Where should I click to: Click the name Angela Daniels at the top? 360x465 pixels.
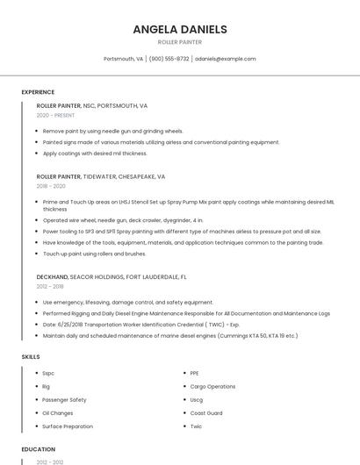[179, 29]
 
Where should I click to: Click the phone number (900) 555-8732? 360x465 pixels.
[169, 59]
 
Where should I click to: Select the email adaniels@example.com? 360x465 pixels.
[226, 59]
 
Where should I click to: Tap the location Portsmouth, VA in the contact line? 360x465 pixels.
[123, 59]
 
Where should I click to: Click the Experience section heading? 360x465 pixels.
[38, 92]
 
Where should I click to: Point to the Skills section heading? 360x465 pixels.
[30, 357]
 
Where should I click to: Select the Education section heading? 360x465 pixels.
[37, 450]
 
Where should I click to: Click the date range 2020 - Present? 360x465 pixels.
[55, 115]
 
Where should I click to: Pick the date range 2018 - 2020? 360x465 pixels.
[51, 186]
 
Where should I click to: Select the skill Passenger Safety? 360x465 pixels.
[64, 399]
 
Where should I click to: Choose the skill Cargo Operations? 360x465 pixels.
[212, 386]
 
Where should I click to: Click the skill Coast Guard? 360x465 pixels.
[206, 412]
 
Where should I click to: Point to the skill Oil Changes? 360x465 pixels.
[58, 412]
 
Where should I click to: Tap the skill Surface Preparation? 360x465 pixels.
[68, 426]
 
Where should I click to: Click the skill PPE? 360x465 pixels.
[195, 373]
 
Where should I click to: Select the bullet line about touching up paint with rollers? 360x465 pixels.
[94, 254]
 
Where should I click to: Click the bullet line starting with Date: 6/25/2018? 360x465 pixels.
[140, 324]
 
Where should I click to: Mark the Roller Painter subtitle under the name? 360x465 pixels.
[179, 42]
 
